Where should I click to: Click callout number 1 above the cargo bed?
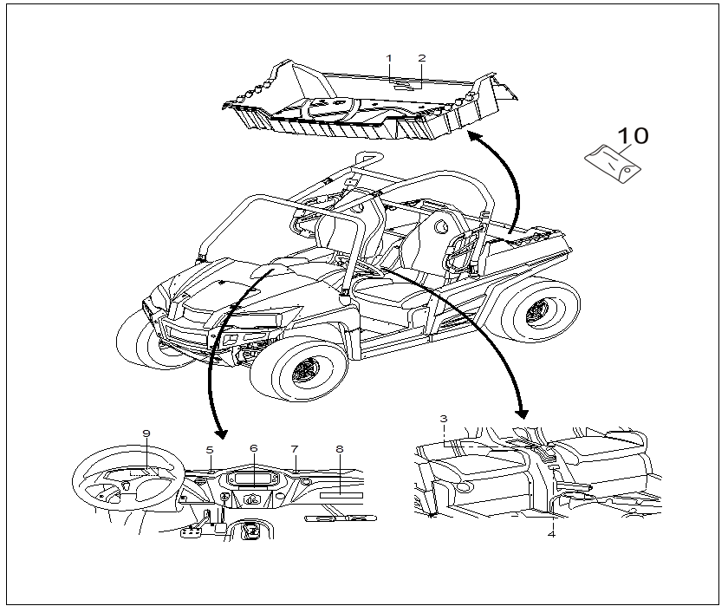(389, 58)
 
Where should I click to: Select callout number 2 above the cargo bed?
(422, 58)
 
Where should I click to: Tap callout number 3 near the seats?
(443, 419)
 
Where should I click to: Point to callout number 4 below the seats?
(551, 534)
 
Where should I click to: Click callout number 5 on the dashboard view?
(210, 449)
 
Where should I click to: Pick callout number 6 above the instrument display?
(254, 448)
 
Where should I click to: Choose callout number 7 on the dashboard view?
(295, 449)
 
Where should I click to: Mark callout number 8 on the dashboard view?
(340, 449)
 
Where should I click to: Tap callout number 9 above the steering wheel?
(146, 433)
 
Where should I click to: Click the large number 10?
(632, 136)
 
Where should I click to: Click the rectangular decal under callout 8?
(340, 493)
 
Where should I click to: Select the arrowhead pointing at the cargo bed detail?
(473, 136)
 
